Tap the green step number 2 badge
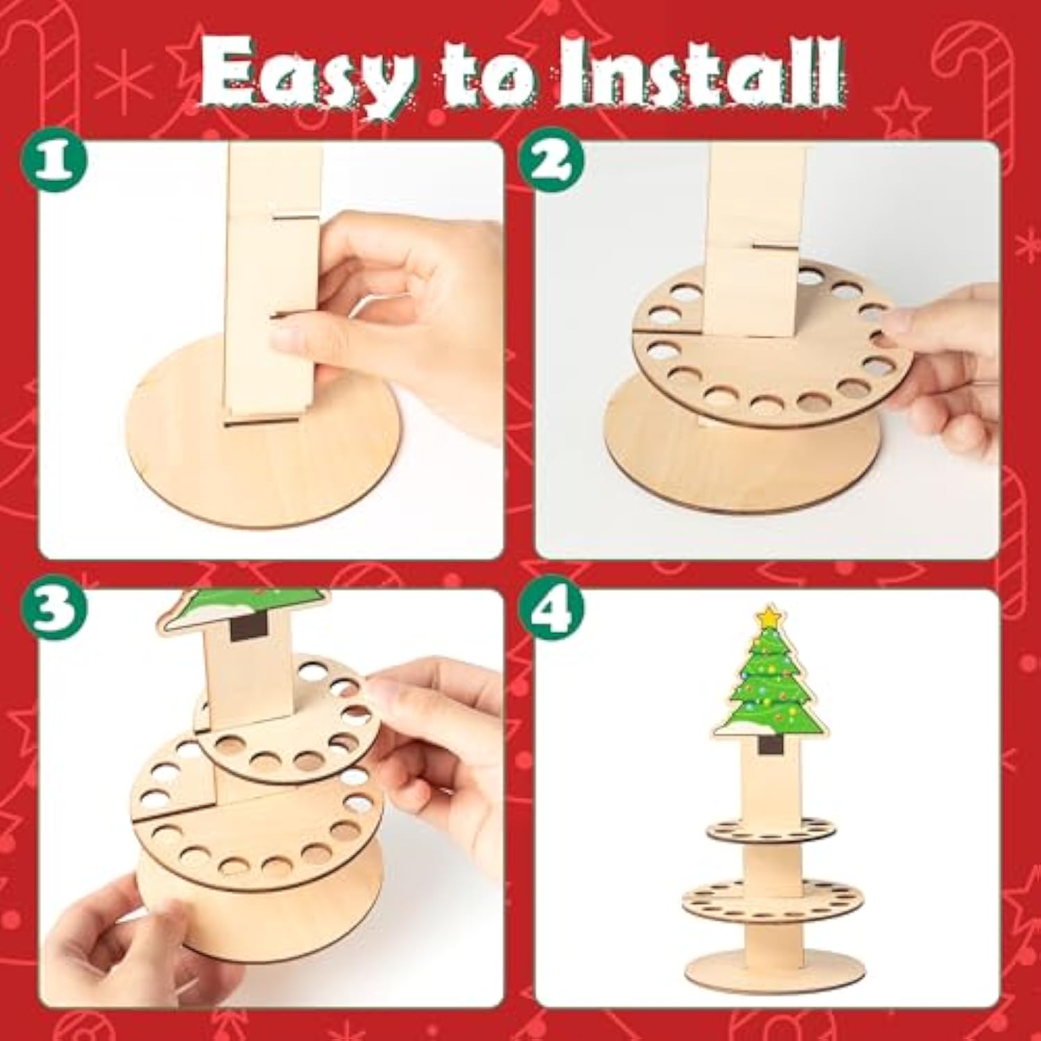coord(552,161)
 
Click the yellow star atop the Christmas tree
coord(768,617)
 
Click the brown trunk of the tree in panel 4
coord(768,746)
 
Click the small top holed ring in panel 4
coord(768,829)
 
